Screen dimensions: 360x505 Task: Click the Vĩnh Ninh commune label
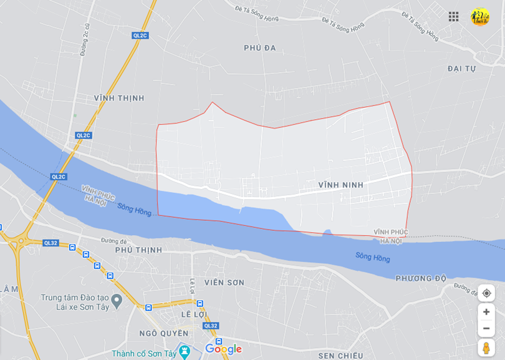pyautogui.click(x=340, y=185)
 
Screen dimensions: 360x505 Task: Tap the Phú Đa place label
pyautogui.click(x=260, y=48)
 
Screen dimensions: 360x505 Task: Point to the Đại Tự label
pyautogui.click(x=461, y=69)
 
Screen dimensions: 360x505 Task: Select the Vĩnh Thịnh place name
pyautogui.click(x=119, y=98)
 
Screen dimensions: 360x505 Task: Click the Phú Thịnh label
pyautogui.click(x=138, y=250)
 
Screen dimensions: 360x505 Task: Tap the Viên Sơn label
pyautogui.click(x=224, y=283)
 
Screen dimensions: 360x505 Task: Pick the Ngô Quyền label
pyautogui.click(x=164, y=333)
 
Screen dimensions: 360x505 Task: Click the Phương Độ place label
pyautogui.click(x=421, y=278)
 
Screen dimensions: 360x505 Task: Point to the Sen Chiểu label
pyautogui.click(x=340, y=356)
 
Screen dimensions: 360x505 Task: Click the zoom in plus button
pyautogui.click(x=486, y=312)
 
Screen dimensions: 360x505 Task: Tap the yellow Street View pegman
pyautogui.click(x=486, y=348)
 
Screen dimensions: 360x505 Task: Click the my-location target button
pyautogui.click(x=486, y=293)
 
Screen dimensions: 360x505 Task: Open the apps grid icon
pyautogui.click(x=453, y=16)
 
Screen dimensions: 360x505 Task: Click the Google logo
pyautogui.click(x=223, y=349)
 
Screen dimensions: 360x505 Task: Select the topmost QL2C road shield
pyautogui.click(x=140, y=36)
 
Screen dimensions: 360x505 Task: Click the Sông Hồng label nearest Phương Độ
pyautogui.click(x=373, y=257)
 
